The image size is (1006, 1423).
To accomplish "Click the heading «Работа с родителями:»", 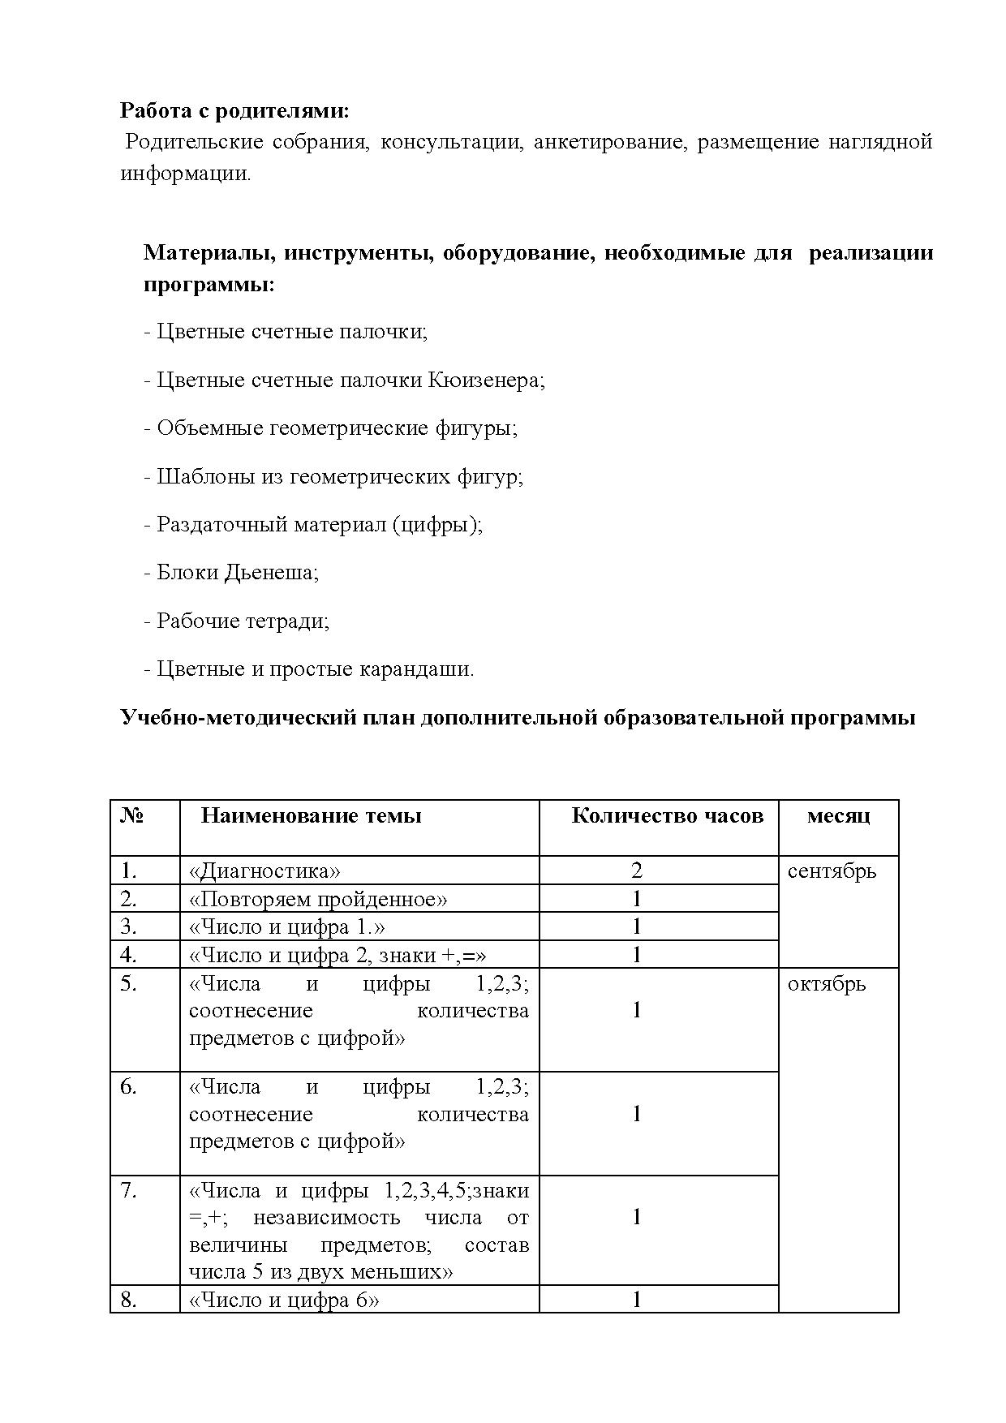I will tap(235, 110).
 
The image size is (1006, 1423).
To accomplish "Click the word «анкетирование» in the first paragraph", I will tap(608, 142).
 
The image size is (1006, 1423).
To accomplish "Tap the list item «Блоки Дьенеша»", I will tap(231, 573).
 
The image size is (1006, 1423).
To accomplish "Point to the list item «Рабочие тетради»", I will tap(236, 621).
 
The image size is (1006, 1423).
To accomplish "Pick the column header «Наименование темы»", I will tap(311, 815).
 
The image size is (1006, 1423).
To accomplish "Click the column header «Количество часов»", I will tap(667, 815).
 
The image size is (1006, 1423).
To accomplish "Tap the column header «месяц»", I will tap(838, 815).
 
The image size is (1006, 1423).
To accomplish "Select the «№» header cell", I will tap(131, 815).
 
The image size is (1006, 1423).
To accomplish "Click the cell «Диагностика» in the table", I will tap(264, 871).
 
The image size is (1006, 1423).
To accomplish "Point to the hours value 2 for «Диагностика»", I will tap(637, 871).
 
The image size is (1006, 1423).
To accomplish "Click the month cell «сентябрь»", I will tap(832, 871).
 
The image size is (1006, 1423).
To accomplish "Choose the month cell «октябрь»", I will tap(826, 984).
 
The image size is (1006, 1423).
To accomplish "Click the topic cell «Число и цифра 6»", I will tap(284, 1300).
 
